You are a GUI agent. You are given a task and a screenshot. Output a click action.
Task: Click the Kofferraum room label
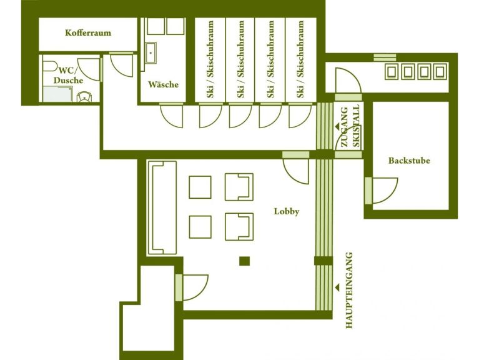(87, 32)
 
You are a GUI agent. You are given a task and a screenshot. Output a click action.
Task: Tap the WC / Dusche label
(68, 75)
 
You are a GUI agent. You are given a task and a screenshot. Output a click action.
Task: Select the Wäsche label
(163, 84)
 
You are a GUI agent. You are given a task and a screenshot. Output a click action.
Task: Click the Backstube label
(409, 161)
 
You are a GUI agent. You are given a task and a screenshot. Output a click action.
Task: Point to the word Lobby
(287, 211)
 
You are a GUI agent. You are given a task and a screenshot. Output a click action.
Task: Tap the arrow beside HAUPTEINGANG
(338, 287)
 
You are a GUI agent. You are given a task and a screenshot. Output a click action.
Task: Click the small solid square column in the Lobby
(245, 261)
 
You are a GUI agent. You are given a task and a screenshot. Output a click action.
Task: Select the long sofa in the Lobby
(162, 207)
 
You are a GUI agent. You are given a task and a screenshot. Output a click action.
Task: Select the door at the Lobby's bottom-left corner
(192, 286)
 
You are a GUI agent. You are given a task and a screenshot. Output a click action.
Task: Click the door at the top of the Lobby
(295, 168)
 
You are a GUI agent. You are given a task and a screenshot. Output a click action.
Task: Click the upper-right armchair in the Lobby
(239, 187)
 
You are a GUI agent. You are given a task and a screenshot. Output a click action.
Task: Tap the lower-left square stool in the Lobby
(200, 226)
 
